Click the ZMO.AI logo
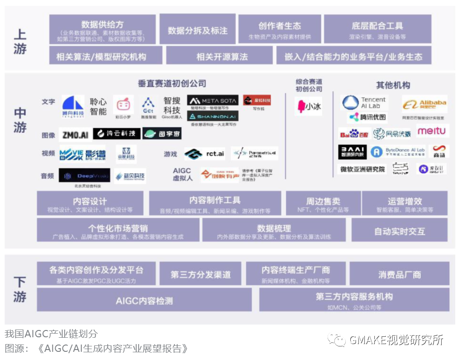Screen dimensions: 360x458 point(75,135)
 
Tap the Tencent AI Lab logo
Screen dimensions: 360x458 point(364,103)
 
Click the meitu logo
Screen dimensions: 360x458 point(431,131)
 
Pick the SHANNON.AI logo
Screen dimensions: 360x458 point(213,116)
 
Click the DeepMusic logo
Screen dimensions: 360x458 point(84,175)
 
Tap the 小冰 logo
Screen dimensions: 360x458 point(309,106)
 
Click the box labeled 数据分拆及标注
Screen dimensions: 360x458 point(198,30)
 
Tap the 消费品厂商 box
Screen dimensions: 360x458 point(399,275)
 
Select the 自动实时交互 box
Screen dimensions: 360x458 point(399,231)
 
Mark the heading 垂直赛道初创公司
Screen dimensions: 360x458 point(172,84)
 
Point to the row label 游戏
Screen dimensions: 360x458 point(170,154)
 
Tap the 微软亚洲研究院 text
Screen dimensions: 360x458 point(362,169)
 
